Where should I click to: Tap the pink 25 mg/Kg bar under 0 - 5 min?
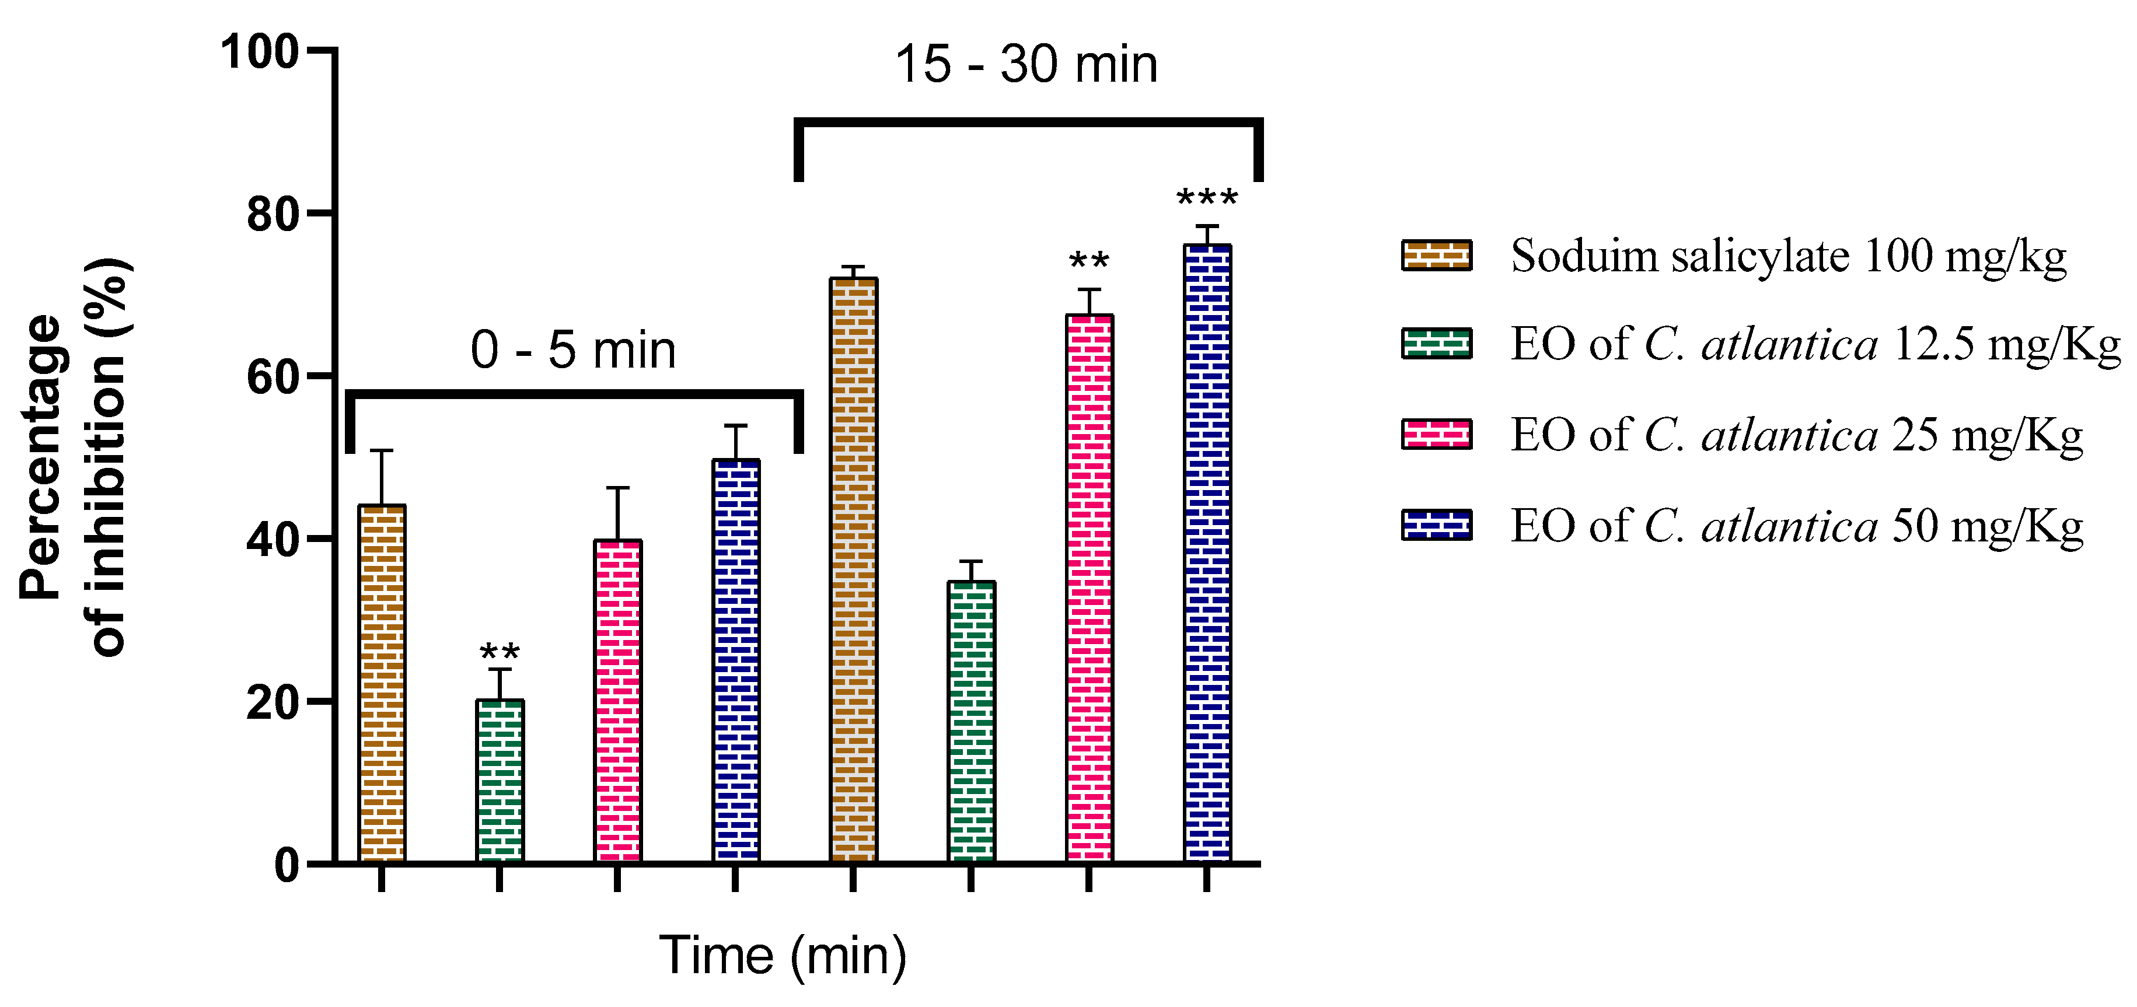coord(618,701)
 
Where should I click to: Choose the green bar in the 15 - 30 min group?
coord(972,722)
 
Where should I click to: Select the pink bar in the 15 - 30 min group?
coord(1090,588)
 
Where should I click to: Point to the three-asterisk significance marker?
coord(1207,198)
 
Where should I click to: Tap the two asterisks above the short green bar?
coord(500,652)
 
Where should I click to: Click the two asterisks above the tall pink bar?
coord(1090,262)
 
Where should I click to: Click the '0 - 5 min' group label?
coord(573,349)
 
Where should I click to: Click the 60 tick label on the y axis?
coord(272,377)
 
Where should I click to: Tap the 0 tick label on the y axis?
coord(286,866)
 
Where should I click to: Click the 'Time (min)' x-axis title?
coord(783,954)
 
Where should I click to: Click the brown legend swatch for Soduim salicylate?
coord(1436,256)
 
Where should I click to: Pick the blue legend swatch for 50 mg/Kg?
coord(1436,525)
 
